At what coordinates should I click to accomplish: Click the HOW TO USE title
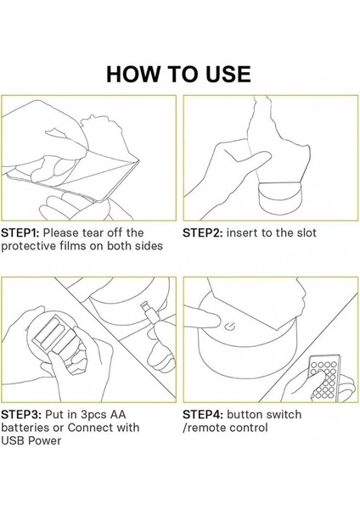178,74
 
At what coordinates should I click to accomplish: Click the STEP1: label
20,232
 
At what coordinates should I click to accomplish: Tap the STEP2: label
203,232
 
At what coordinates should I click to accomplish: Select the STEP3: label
21,415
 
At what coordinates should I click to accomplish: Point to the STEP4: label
203,415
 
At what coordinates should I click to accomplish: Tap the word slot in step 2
307,232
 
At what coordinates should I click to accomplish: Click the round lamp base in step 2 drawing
280,198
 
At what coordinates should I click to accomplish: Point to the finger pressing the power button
202,318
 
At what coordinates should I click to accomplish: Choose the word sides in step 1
149,246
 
